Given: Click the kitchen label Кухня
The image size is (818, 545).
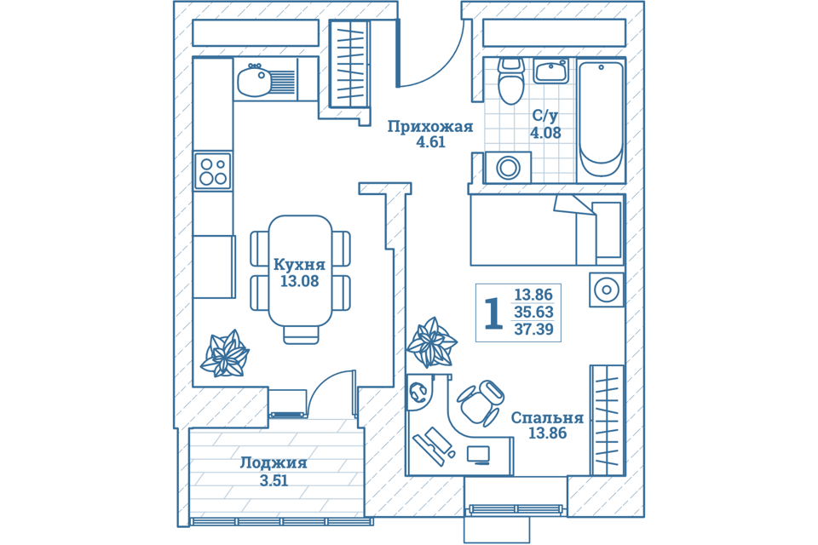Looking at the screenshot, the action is point(299,265).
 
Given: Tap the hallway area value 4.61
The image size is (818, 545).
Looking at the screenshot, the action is point(431,142).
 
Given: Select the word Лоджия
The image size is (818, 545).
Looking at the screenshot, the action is point(274,463).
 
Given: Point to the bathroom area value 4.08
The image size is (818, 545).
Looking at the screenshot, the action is point(545,133).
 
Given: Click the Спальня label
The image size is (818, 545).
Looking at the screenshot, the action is point(547,418).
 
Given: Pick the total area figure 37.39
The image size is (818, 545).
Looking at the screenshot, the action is point(533,329).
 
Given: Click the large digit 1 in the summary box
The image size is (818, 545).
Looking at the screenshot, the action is point(493,313).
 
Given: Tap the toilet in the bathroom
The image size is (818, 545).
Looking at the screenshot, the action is point(510,80).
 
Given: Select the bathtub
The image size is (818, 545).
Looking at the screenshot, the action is point(601,119).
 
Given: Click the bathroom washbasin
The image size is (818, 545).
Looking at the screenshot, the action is point(551,71).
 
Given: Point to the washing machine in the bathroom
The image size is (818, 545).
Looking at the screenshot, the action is point(508,168).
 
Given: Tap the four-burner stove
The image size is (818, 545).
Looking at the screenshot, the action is point(213,170).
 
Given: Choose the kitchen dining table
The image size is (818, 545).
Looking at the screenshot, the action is point(300,270).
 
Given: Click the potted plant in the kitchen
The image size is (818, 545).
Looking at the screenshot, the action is point(224,354).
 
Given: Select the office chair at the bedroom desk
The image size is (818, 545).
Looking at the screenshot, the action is point(481,402).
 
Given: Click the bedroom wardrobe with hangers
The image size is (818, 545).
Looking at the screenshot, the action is point(607,420).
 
